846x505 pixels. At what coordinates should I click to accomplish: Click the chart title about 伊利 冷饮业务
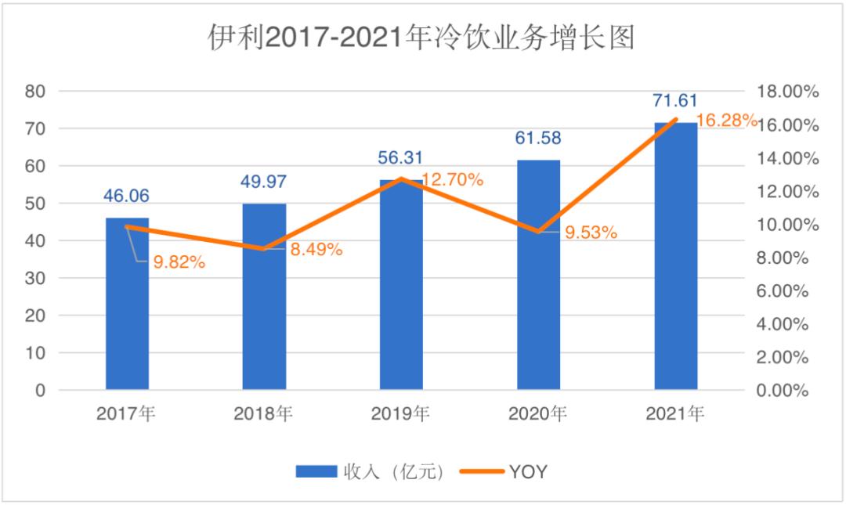(x=421, y=37)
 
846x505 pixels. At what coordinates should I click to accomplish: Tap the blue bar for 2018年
(x=264, y=297)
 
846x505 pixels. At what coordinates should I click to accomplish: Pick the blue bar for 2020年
(x=538, y=275)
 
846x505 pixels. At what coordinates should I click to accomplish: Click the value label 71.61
(x=675, y=101)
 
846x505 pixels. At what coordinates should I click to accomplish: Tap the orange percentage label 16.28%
(x=726, y=121)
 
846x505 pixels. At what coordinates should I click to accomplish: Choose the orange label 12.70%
(x=453, y=179)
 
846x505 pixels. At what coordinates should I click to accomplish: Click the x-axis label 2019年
(x=401, y=413)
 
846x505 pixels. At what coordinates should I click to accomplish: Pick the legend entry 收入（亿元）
(x=371, y=471)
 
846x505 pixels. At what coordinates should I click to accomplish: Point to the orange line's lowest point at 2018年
(x=264, y=249)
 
